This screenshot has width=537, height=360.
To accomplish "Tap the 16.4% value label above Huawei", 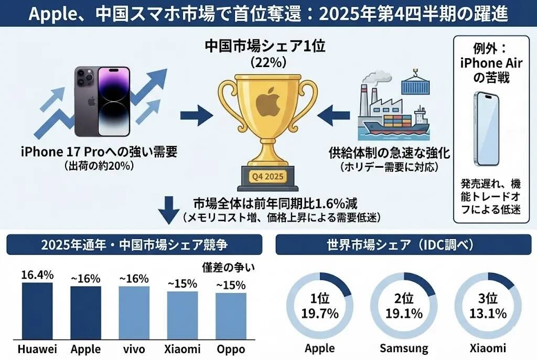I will [37, 275].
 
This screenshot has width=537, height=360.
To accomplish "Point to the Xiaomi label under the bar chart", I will [182, 349].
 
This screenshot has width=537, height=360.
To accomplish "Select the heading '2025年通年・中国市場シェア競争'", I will [134, 245].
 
